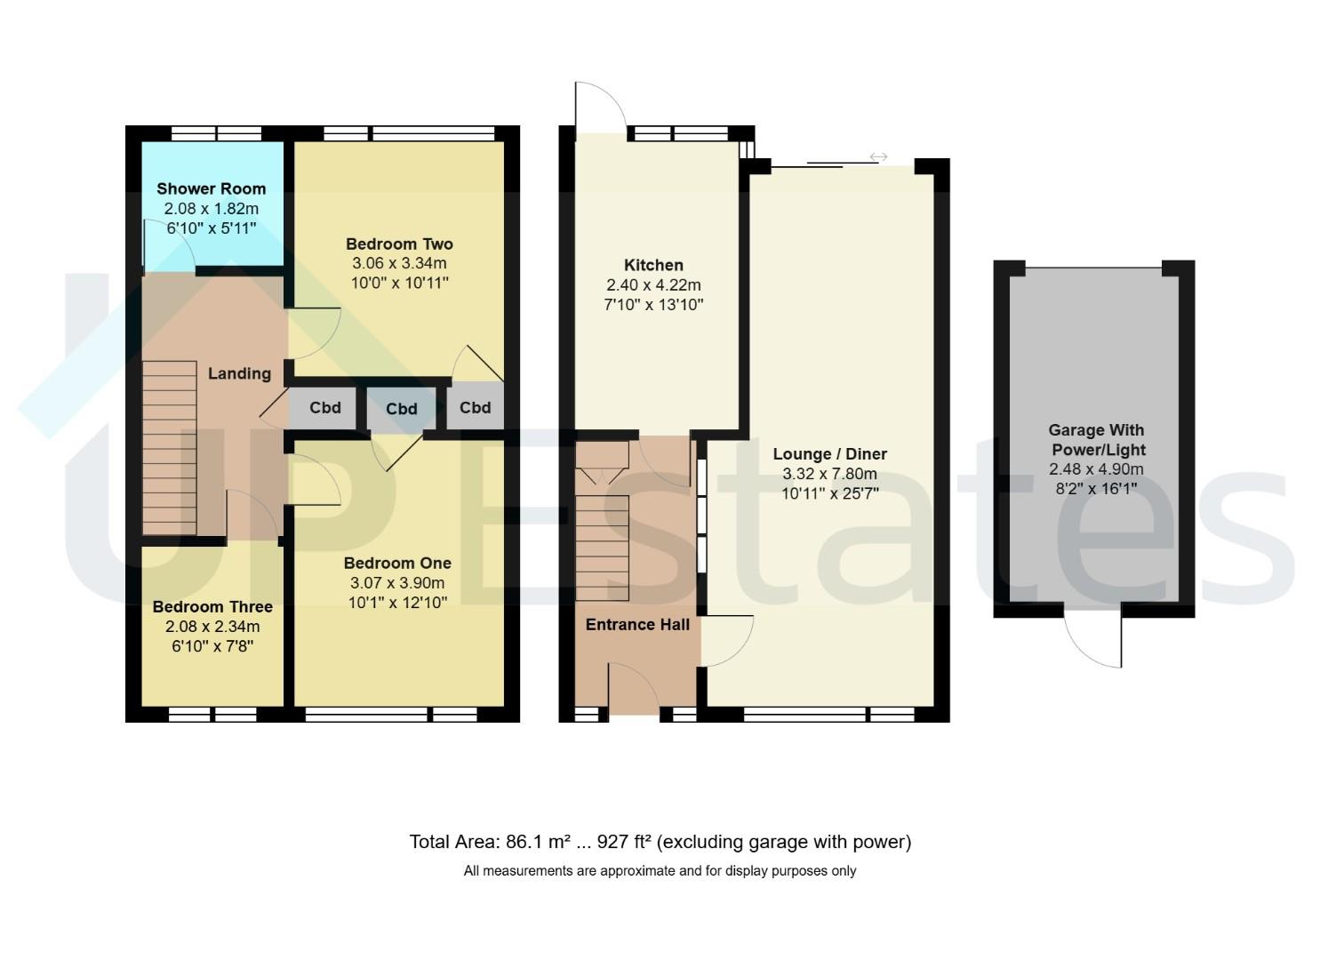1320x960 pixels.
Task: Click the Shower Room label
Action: [211, 189]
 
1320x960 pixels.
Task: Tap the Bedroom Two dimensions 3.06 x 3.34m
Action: [399, 263]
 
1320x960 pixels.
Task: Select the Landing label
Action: [239, 373]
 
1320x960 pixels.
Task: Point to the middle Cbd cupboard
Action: [401, 409]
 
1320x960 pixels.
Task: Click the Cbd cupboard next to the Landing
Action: [324, 408]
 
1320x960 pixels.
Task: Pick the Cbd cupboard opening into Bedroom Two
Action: [475, 407]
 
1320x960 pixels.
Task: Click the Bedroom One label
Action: [397, 564]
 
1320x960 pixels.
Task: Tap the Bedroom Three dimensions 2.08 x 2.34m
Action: [212, 627]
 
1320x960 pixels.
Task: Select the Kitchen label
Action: [653, 265]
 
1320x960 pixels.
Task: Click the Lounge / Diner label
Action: [829, 454]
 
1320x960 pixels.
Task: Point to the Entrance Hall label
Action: [637, 625]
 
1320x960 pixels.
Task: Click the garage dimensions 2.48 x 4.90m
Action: [1096, 469]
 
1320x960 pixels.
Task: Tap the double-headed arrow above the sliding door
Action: [878, 156]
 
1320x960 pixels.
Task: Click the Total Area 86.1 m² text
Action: [489, 842]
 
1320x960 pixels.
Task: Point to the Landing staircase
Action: [170, 448]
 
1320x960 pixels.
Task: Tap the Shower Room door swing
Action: [169, 245]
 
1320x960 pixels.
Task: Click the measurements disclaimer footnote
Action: [660, 871]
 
